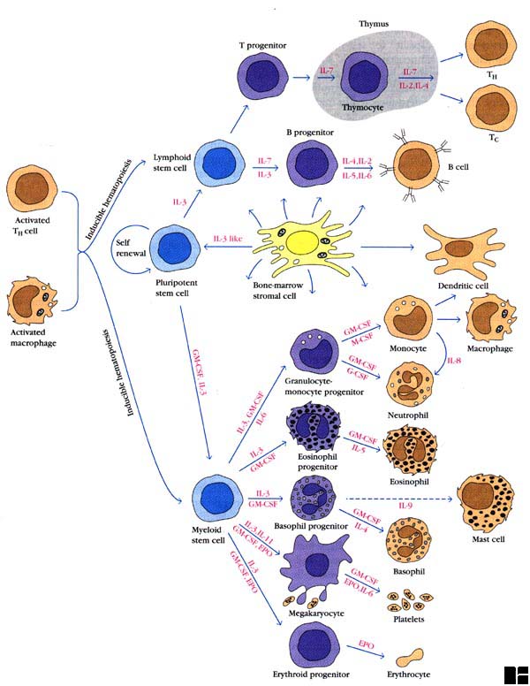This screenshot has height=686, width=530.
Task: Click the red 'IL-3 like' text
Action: click(x=229, y=239)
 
